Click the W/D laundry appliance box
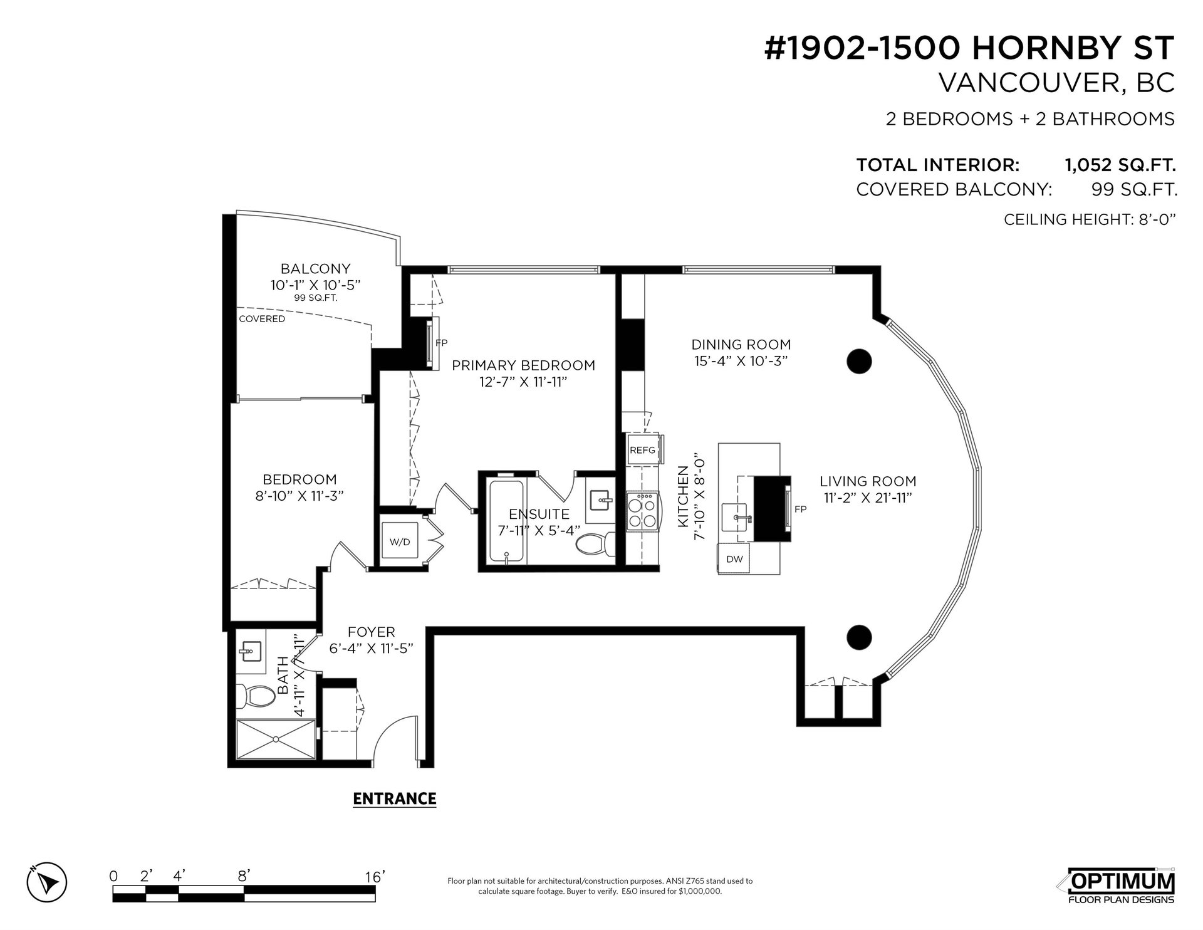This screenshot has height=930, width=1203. [x=399, y=541]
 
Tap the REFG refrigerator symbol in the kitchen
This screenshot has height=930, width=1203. [x=643, y=449]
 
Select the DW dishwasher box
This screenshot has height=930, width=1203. [x=734, y=558]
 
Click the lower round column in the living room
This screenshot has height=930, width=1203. [x=859, y=637]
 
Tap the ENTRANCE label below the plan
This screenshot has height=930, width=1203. [x=395, y=798]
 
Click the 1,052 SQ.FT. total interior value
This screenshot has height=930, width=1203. [x=1120, y=165]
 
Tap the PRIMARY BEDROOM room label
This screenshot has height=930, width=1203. [x=523, y=365]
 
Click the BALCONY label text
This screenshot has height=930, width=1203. [x=315, y=269]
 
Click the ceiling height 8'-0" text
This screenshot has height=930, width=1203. [x=1090, y=219]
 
